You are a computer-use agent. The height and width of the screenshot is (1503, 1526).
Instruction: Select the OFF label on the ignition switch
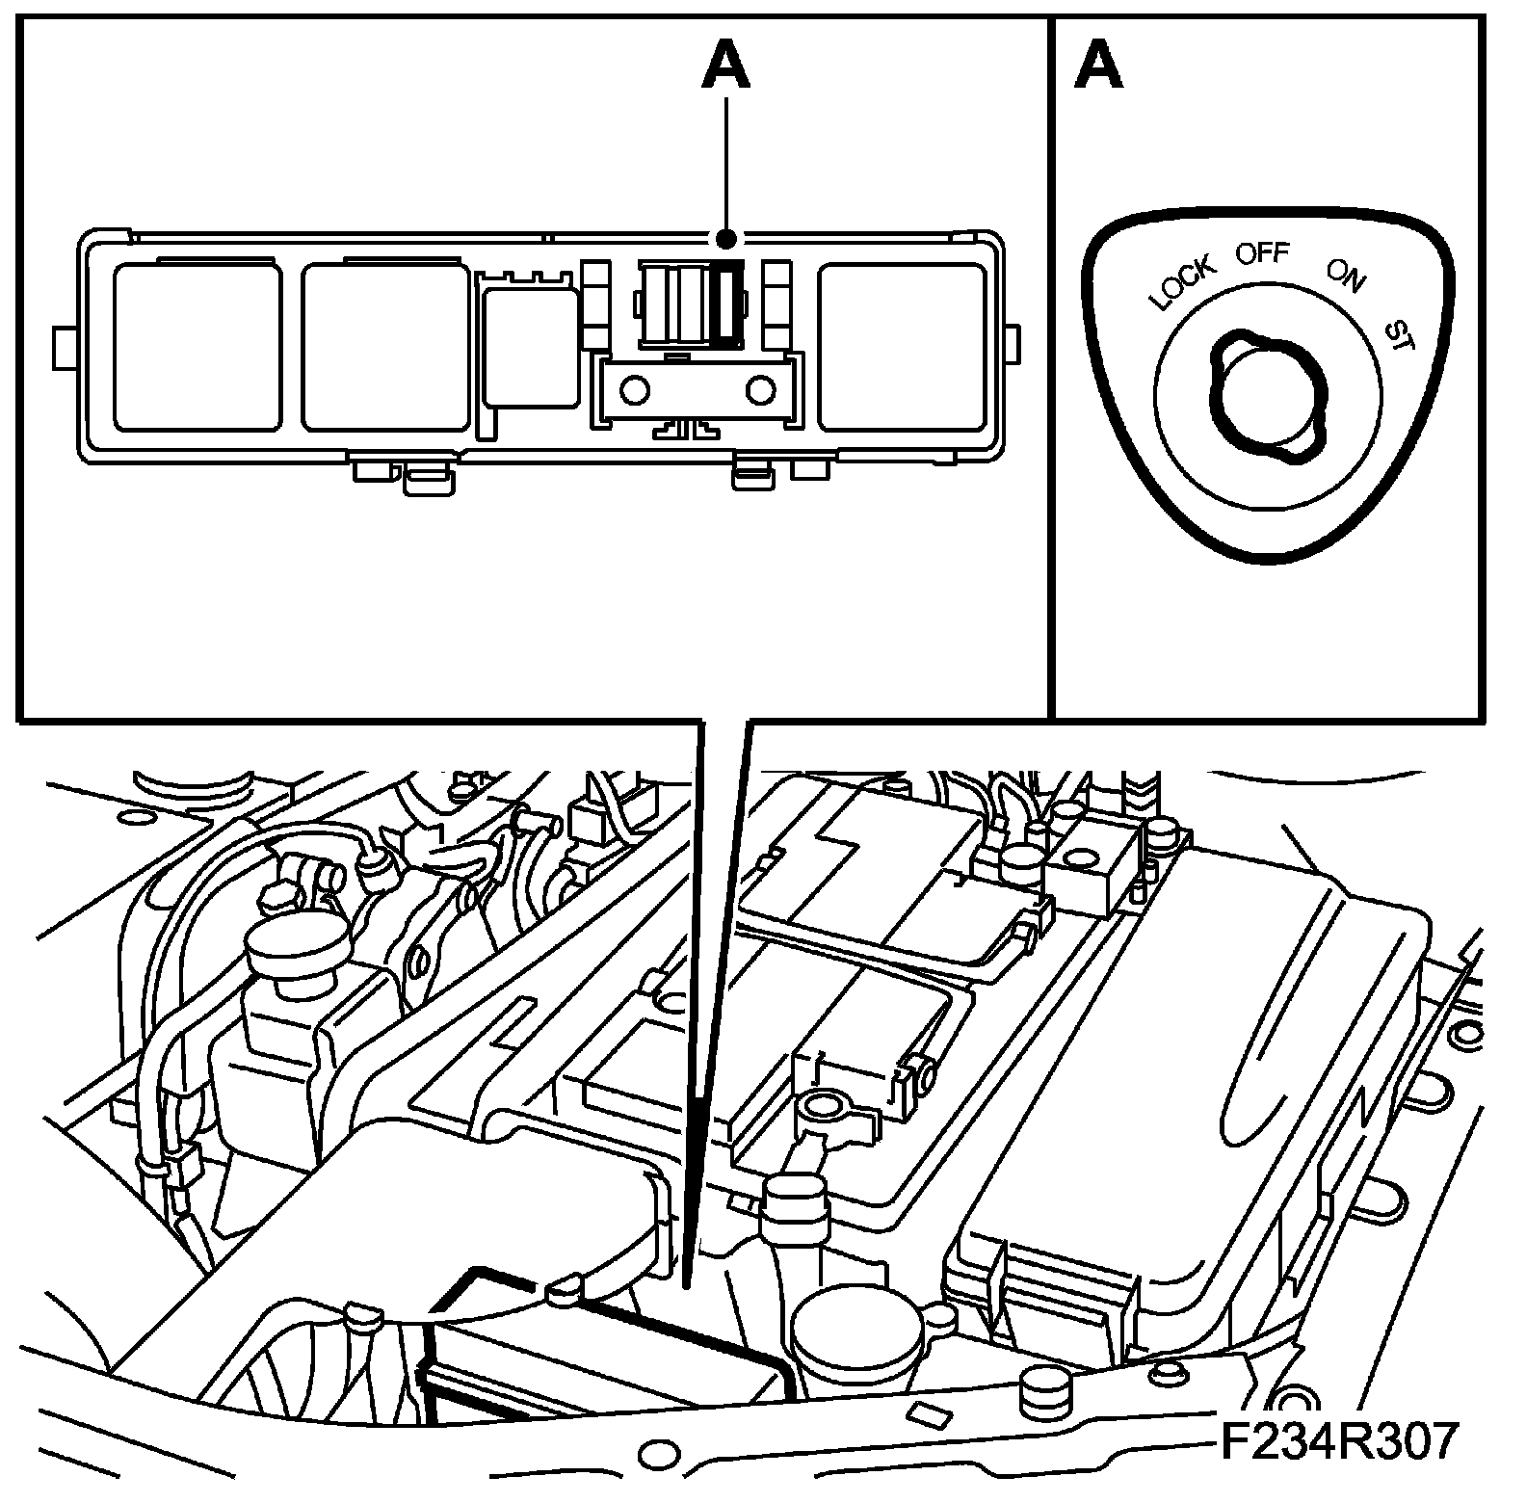coord(1262,254)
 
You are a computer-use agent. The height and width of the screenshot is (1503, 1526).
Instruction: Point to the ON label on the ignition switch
coord(1345,275)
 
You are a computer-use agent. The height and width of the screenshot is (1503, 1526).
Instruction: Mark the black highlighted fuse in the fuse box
coord(729,301)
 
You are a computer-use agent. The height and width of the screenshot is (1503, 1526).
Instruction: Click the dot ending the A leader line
coord(727,238)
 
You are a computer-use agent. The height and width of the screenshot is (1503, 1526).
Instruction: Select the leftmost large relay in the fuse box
coord(197,347)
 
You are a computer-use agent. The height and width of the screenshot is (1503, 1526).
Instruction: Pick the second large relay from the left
coord(386,347)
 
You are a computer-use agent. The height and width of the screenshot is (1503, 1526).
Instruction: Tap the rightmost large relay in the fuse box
coord(902,347)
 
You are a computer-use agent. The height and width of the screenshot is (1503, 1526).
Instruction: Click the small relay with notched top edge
coord(530,342)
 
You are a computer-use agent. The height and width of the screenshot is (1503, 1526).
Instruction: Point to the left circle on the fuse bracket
coord(634,389)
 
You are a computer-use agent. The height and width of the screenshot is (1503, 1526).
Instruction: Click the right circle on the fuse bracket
coord(761,389)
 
